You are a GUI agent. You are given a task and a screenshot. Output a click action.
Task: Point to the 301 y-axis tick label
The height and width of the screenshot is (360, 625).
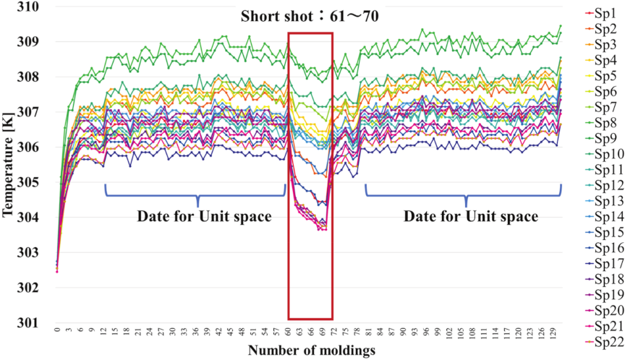[28, 322]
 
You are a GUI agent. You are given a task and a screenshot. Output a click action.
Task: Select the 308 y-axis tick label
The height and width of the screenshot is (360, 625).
[28, 77]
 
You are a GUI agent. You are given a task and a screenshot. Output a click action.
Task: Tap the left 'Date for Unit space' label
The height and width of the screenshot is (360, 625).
[197, 216]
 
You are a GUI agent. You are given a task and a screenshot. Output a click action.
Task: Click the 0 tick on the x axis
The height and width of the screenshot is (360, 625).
[56, 329]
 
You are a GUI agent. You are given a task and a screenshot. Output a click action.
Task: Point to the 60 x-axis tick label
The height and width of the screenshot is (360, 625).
[288, 330]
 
